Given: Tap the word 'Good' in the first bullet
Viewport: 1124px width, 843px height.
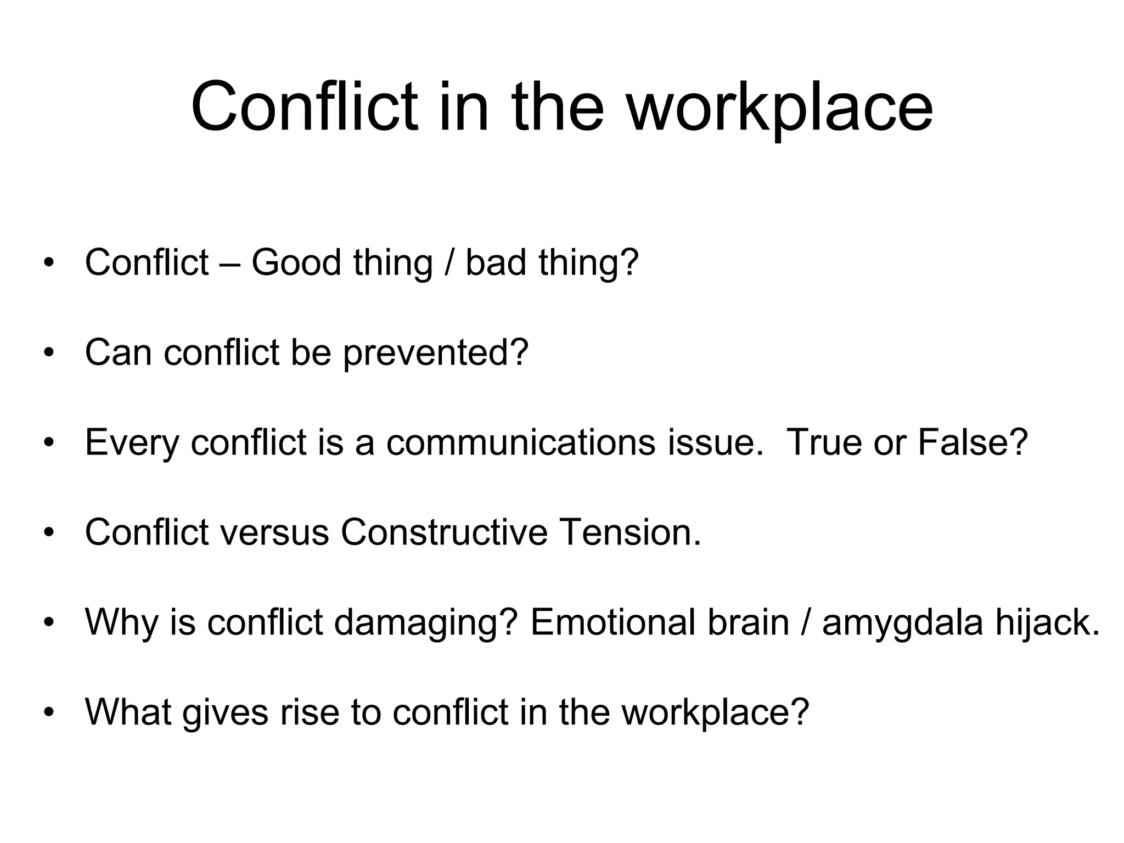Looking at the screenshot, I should pos(296,262).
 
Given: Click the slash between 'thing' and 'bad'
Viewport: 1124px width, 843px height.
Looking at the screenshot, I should pos(449,262).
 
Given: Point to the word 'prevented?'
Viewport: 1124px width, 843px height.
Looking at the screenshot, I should pos(436,353).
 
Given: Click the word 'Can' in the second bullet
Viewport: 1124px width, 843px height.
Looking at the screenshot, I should pos(118,352).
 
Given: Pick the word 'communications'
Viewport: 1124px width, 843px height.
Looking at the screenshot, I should pos(520,442).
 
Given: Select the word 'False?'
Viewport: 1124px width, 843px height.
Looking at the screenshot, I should pos(972,442).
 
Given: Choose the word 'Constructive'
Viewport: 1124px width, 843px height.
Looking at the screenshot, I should pos(444,532).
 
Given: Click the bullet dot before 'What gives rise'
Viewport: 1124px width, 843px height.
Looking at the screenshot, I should pos(49,712).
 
